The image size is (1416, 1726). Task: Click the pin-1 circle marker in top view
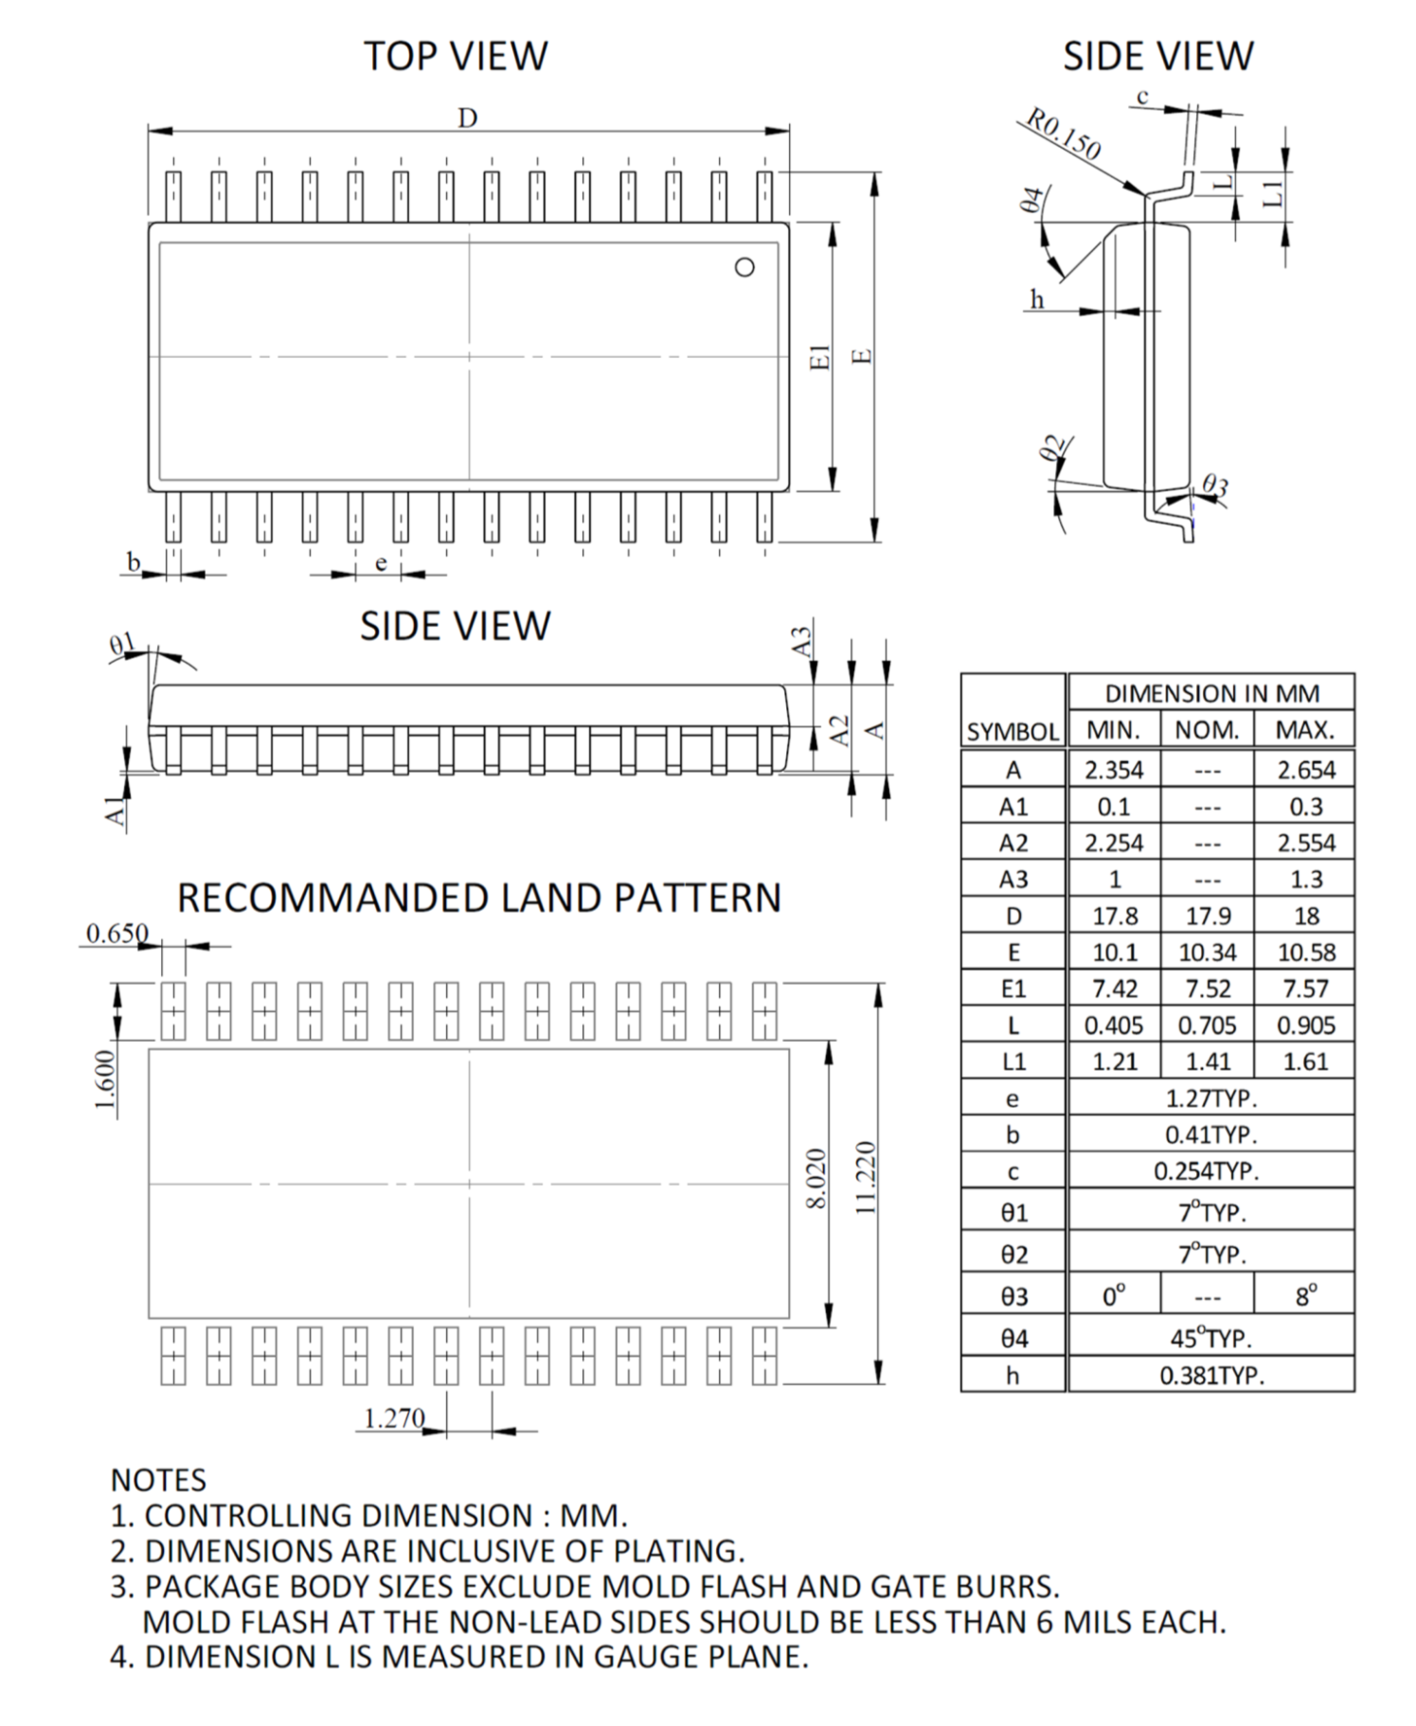point(745,267)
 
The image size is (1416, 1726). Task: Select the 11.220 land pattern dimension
point(865,1176)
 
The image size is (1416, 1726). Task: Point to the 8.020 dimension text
point(817,1178)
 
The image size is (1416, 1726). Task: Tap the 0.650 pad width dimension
point(117,934)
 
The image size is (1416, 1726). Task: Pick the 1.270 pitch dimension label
point(394,1418)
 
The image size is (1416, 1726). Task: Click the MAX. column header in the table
point(1304,730)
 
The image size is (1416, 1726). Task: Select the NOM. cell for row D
point(1208,916)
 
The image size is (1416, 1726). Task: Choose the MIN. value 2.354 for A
point(1114,770)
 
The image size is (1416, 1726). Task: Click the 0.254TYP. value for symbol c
point(1207,1171)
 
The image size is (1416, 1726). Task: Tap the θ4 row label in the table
point(1013,1339)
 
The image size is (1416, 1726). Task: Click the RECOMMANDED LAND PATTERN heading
point(479,898)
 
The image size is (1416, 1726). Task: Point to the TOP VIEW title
point(456,56)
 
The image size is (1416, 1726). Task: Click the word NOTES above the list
point(158,1480)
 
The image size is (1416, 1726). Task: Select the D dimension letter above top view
point(468,118)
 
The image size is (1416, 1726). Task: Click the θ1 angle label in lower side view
point(122,646)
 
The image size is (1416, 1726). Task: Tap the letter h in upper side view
point(1037,300)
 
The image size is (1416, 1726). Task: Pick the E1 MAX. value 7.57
point(1305,988)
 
